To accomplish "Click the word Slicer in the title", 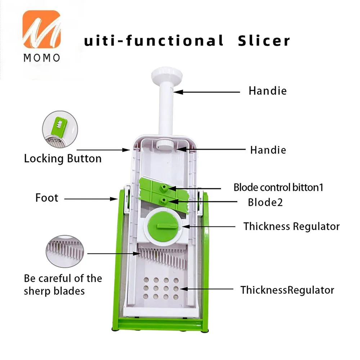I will point(264,41).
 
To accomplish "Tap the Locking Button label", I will point(63,158).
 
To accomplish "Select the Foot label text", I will point(46,198).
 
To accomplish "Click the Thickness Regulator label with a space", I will point(291,226).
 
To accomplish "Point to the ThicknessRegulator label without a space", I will point(287,290).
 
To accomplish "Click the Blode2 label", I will point(265,202).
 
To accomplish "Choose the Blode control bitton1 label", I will point(278,187).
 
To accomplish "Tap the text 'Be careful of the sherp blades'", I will point(63,284).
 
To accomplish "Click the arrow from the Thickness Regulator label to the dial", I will point(209,226).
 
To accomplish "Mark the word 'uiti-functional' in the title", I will point(153,41).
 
